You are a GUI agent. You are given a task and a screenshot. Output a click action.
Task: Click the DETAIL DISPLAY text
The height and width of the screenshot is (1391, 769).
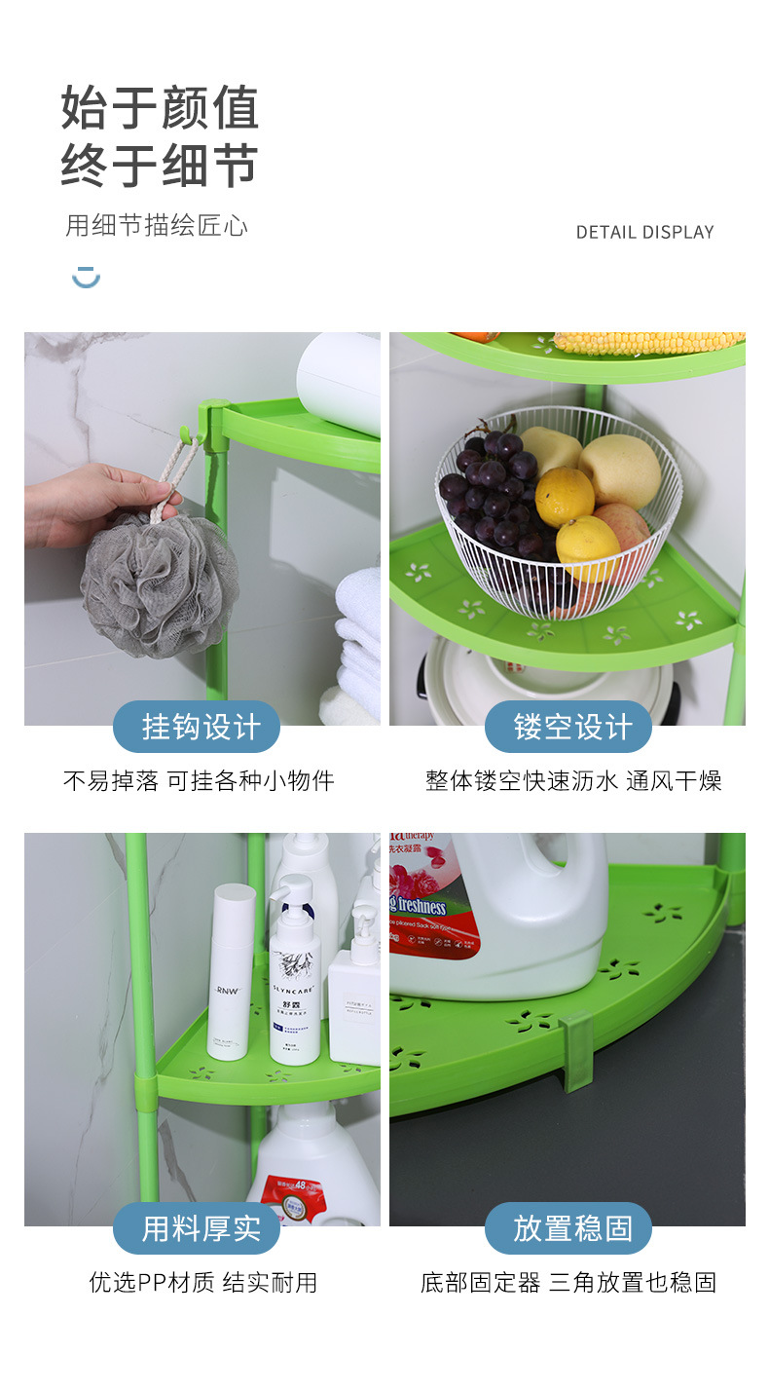[x=644, y=232]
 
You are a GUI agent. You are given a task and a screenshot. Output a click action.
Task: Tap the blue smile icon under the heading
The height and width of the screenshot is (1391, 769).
[x=86, y=278]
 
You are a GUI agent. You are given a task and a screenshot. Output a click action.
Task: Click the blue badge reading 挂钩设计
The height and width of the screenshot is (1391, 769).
[x=197, y=727]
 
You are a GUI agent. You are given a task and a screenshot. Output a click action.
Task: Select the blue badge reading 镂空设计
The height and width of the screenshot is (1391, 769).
[x=568, y=727]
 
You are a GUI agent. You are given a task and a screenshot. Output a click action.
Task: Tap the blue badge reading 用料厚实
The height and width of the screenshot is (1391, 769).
[x=197, y=1228]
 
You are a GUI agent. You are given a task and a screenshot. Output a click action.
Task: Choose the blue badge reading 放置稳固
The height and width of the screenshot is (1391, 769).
[x=568, y=1228]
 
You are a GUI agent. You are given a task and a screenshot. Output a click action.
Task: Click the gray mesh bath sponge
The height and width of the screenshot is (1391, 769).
[x=161, y=584]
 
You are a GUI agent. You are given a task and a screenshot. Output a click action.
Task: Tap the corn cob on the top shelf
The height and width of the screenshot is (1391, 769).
[x=647, y=342]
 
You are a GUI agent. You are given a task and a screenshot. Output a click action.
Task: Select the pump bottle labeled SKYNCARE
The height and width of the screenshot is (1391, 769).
[x=294, y=984]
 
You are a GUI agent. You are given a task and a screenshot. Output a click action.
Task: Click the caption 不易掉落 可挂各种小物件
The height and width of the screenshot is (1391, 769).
[x=199, y=780]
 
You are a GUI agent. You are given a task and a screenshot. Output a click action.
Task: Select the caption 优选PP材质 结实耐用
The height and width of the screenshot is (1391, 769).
[x=203, y=1282]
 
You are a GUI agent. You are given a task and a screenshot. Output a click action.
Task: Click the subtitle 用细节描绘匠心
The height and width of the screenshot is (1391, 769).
[x=157, y=226]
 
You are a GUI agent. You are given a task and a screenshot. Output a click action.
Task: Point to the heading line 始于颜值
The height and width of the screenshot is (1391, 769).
[x=161, y=107]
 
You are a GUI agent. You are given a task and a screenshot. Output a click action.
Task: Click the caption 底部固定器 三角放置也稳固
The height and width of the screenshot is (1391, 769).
[x=568, y=1282]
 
